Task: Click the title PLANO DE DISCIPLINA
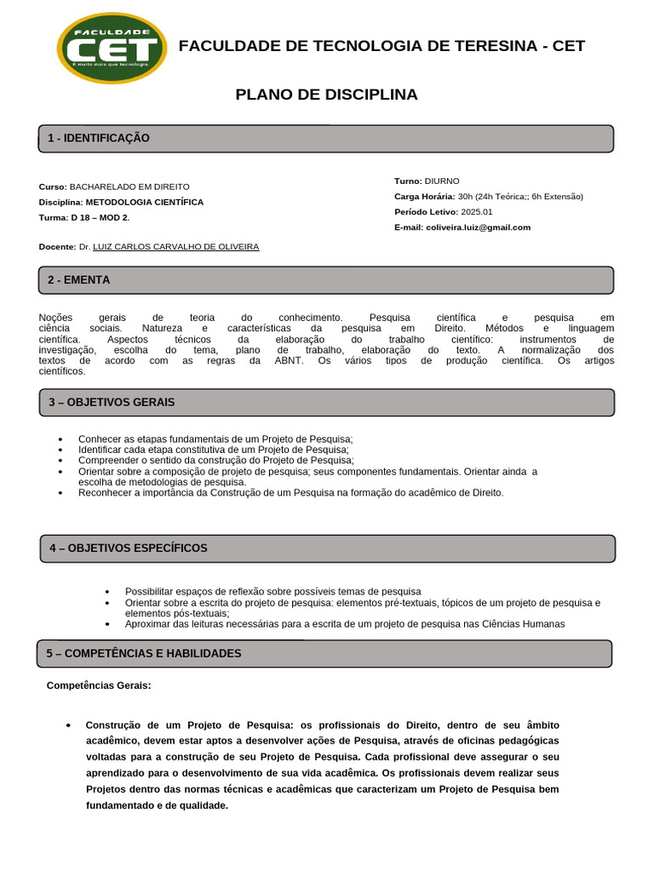[x=326, y=95]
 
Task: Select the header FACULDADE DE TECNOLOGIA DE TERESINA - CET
[x=381, y=46]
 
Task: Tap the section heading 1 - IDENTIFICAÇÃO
[x=99, y=138]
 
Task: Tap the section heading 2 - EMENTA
[x=79, y=279]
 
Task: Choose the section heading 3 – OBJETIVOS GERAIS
[x=112, y=402]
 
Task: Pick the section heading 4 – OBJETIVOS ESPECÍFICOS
[x=129, y=548]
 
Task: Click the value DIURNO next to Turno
[x=441, y=181]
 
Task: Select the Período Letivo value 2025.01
[x=476, y=212]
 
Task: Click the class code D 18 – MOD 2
[x=100, y=218]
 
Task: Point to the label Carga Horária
[x=424, y=197]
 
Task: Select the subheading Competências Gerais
[x=99, y=686]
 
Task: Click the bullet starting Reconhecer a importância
[x=290, y=493]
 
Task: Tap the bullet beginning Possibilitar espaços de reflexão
[x=272, y=591]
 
